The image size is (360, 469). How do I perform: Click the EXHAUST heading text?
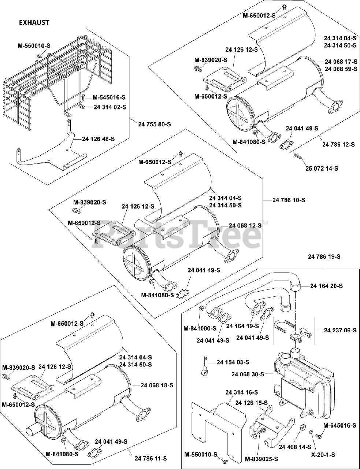34,22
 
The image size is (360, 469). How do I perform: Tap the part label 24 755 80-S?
155,124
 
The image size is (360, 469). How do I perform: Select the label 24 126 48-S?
98,139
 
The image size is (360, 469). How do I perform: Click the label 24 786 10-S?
289,200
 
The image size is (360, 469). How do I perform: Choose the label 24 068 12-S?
245,225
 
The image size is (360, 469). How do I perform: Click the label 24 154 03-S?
233,362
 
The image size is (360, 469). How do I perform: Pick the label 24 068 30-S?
248,374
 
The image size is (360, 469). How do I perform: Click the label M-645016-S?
339,425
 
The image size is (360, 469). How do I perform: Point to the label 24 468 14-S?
295,447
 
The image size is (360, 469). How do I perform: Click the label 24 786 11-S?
151,458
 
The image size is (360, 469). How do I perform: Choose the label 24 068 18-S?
157,385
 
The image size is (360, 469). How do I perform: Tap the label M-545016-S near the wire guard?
109,97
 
